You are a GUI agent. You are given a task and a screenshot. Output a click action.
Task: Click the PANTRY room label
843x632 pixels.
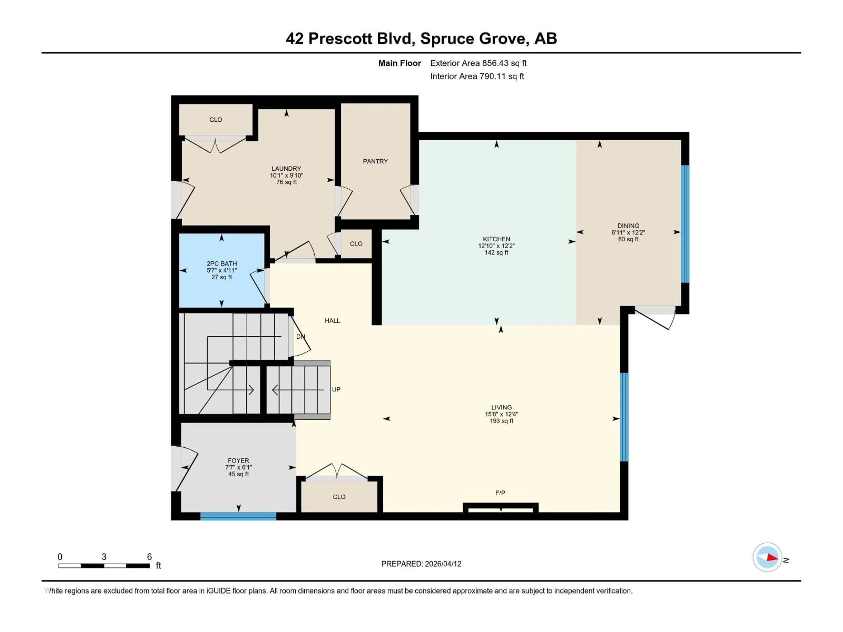(375, 161)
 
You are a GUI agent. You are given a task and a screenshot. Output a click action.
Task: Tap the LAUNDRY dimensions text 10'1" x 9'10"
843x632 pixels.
(286, 176)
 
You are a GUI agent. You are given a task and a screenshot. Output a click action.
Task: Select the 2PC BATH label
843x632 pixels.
(222, 264)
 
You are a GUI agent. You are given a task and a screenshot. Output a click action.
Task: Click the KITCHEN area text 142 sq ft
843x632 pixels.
(496, 253)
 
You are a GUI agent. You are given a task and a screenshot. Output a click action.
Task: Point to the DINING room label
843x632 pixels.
(628, 226)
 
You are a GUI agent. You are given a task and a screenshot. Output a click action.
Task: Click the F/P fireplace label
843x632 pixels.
(500, 493)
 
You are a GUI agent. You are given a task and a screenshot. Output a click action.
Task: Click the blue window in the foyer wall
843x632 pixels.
(238, 516)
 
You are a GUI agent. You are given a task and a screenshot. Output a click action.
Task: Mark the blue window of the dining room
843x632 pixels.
(685, 224)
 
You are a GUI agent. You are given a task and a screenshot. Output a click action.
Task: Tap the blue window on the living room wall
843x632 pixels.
(624, 417)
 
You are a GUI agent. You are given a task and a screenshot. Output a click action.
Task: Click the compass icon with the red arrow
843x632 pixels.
(767, 557)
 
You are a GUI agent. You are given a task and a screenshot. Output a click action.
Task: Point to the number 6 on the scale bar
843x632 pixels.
(150, 557)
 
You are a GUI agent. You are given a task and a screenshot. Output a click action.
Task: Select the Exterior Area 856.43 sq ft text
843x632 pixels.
(478, 63)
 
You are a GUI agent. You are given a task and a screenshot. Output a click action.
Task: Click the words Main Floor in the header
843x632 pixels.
(399, 63)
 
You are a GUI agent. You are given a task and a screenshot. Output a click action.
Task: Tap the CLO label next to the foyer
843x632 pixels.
(339, 497)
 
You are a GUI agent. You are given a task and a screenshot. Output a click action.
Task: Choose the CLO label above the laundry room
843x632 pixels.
(216, 120)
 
